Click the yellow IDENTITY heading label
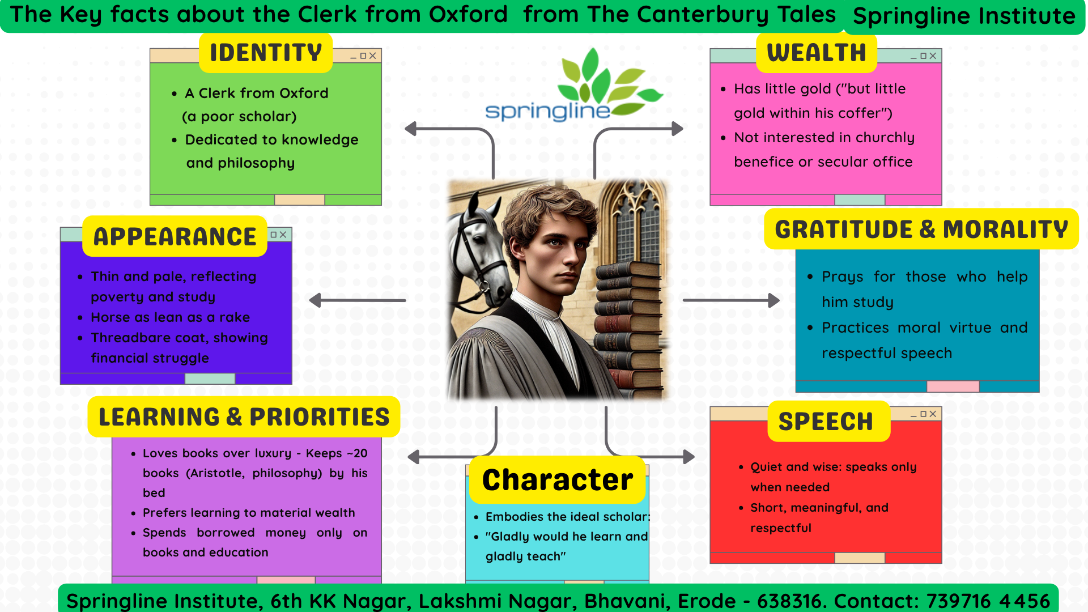[x=266, y=53]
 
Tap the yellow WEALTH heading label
[x=817, y=53]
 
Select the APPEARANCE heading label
[x=175, y=236]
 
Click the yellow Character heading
[x=558, y=480]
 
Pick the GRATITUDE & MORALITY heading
[x=921, y=229]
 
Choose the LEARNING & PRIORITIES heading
[x=244, y=416]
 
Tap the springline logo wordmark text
[x=547, y=110]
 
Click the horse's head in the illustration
[x=482, y=244]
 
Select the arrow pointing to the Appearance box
[x=358, y=300]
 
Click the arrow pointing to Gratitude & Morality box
[x=732, y=300]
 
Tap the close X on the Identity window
[x=372, y=56]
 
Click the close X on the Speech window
[x=933, y=414]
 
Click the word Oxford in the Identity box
[x=304, y=93]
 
